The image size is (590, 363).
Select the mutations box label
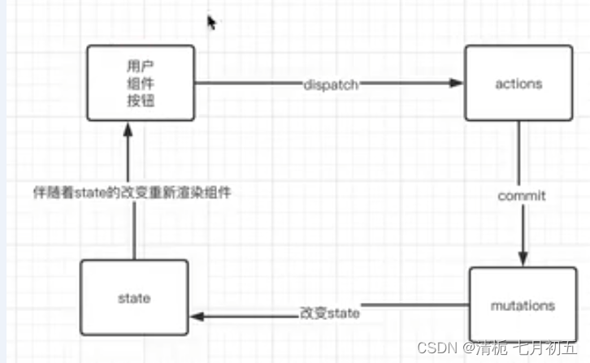point(523,305)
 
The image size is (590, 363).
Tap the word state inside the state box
point(134,298)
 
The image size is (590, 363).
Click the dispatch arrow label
point(330,84)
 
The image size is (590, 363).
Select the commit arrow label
point(521,196)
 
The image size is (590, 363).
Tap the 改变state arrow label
point(329,313)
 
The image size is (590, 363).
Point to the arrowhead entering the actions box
point(458,84)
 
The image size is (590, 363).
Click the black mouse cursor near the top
point(210,23)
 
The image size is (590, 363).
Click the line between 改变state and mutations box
point(414,305)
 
